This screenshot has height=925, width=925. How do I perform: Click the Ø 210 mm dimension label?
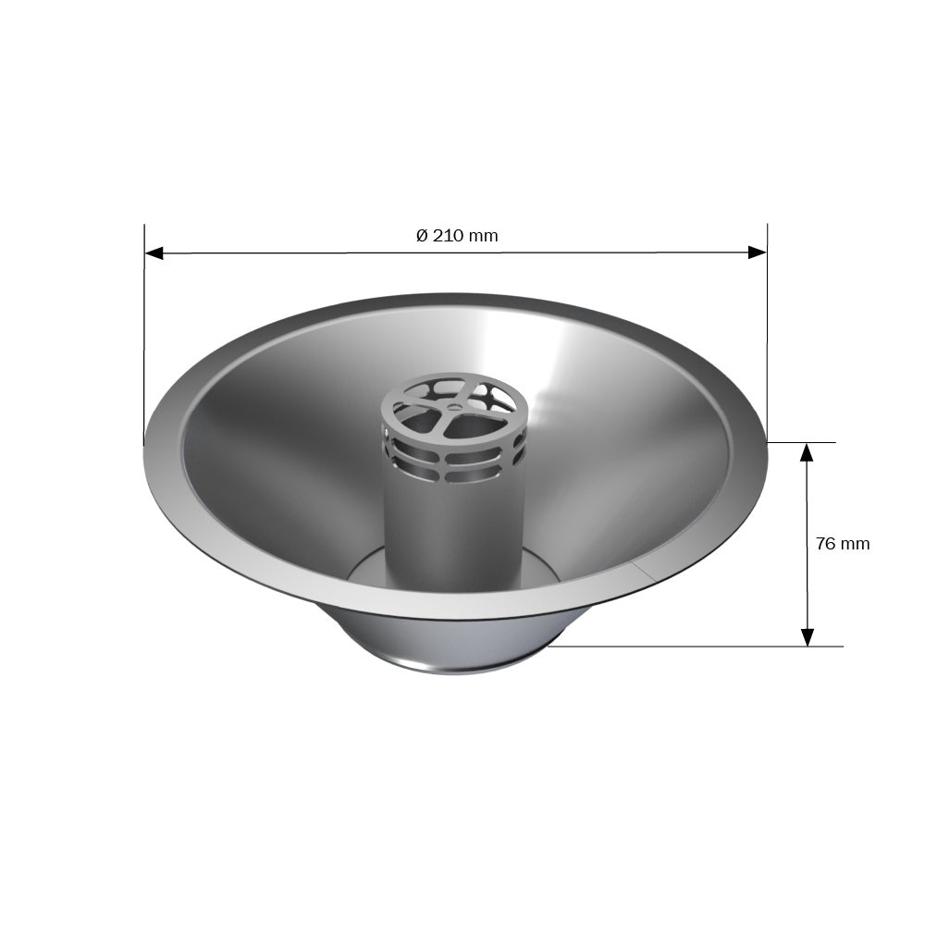[457, 236]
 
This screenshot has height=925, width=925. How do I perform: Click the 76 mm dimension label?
[843, 543]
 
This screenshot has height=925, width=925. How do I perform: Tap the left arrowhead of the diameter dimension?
[154, 253]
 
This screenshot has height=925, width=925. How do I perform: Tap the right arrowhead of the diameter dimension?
[757, 253]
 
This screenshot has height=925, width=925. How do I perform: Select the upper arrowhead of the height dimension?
[807, 452]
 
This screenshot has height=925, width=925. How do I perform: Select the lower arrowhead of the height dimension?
[807, 637]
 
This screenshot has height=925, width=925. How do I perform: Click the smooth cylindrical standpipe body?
[453, 531]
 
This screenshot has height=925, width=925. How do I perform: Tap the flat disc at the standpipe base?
[365, 569]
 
